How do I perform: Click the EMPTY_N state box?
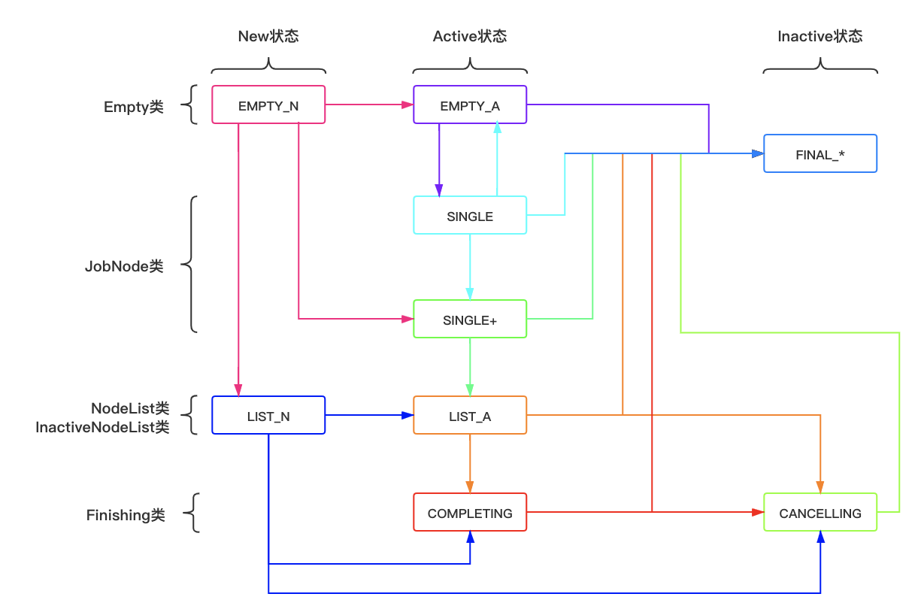268,105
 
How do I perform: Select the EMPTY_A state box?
470,105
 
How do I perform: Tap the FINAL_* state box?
820,154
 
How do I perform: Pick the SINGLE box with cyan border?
470,216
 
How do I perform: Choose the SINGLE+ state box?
470,320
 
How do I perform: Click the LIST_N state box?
268,416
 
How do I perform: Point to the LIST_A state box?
470,416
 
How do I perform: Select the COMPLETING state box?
470,513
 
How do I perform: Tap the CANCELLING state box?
820,513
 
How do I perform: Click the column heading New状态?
268,36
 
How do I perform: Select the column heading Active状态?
470,36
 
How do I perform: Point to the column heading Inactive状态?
820,36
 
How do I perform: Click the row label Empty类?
134,107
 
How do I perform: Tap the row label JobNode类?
124,266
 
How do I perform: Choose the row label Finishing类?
126,515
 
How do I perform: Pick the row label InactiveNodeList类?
102,427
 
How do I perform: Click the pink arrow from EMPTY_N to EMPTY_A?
368,105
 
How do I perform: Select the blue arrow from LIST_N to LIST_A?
368,415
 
